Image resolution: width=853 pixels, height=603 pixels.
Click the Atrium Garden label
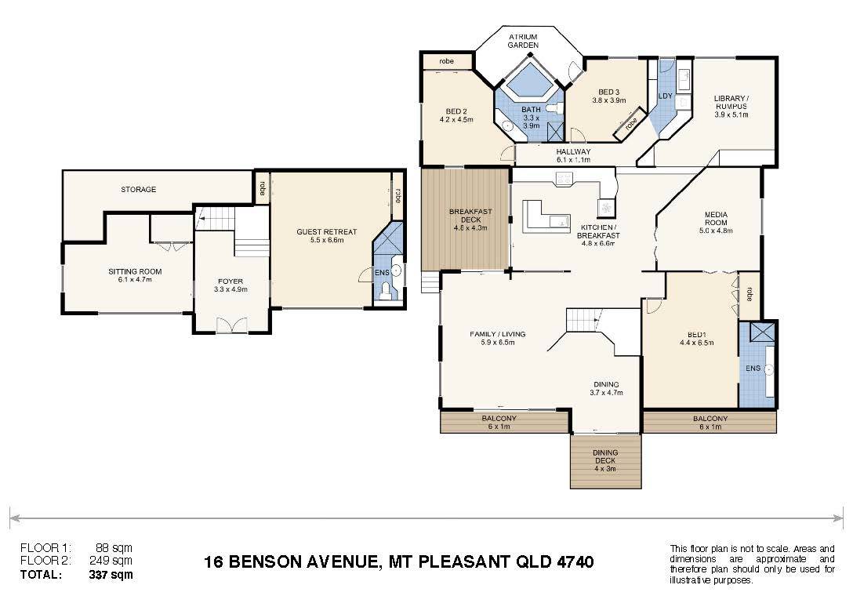(x=523, y=41)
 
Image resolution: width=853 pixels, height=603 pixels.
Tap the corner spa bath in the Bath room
(x=527, y=81)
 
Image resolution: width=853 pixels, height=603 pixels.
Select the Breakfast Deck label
(x=470, y=216)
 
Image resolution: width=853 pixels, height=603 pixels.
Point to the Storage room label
(x=138, y=190)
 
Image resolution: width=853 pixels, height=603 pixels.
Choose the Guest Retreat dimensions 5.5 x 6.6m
(x=327, y=239)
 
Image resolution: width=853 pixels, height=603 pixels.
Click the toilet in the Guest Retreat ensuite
(x=386, y=291)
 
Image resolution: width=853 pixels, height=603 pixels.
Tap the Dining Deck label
(x=605, y=456)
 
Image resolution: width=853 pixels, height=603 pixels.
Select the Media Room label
(x=716, y=218)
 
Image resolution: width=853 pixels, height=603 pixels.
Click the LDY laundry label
(x=666, y=96)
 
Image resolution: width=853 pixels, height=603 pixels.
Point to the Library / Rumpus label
(x=731, y=102)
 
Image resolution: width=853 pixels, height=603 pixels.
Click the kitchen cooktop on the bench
(x=564, y=179)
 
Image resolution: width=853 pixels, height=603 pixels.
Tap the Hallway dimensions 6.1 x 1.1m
(x=573, y=160)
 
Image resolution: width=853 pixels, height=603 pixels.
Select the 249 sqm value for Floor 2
(x=111, y=561)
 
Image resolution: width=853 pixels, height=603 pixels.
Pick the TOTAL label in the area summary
(x=41, y=574)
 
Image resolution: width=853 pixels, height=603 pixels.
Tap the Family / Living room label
(x=497, y=334)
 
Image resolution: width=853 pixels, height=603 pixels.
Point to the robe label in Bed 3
(x=630, y=124)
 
